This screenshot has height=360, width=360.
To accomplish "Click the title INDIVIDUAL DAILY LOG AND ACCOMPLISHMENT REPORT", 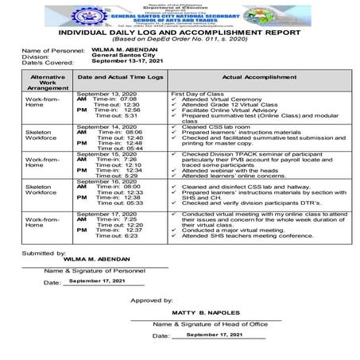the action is click(179, 33).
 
